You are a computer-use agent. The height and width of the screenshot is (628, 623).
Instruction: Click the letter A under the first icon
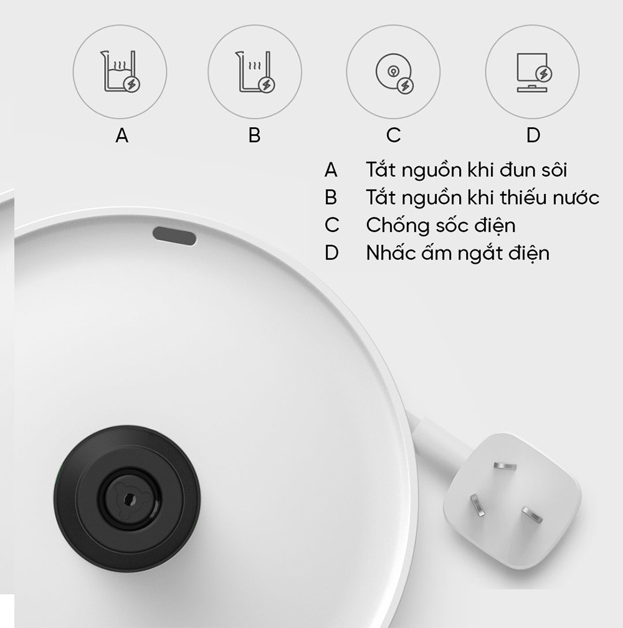click(x=122, y=135)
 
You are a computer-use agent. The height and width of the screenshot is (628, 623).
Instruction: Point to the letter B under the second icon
click(x=254, y=135)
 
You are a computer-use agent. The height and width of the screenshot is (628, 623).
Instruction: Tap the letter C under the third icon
click(x=393, y=135)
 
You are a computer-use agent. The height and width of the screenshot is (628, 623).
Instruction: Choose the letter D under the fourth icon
click(x=533, y=135)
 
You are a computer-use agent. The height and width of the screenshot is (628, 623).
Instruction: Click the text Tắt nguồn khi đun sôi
click(x=467, y=170)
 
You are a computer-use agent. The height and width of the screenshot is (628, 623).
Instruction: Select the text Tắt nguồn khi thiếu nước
click(x=482, y=197)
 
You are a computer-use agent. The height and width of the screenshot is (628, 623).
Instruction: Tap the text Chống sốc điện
click(x=440, y=225)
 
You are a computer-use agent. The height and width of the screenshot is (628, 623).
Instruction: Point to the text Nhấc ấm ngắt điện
click(x=457, y=253)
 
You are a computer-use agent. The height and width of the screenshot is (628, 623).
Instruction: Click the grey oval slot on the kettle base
click(x=174, y=235)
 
